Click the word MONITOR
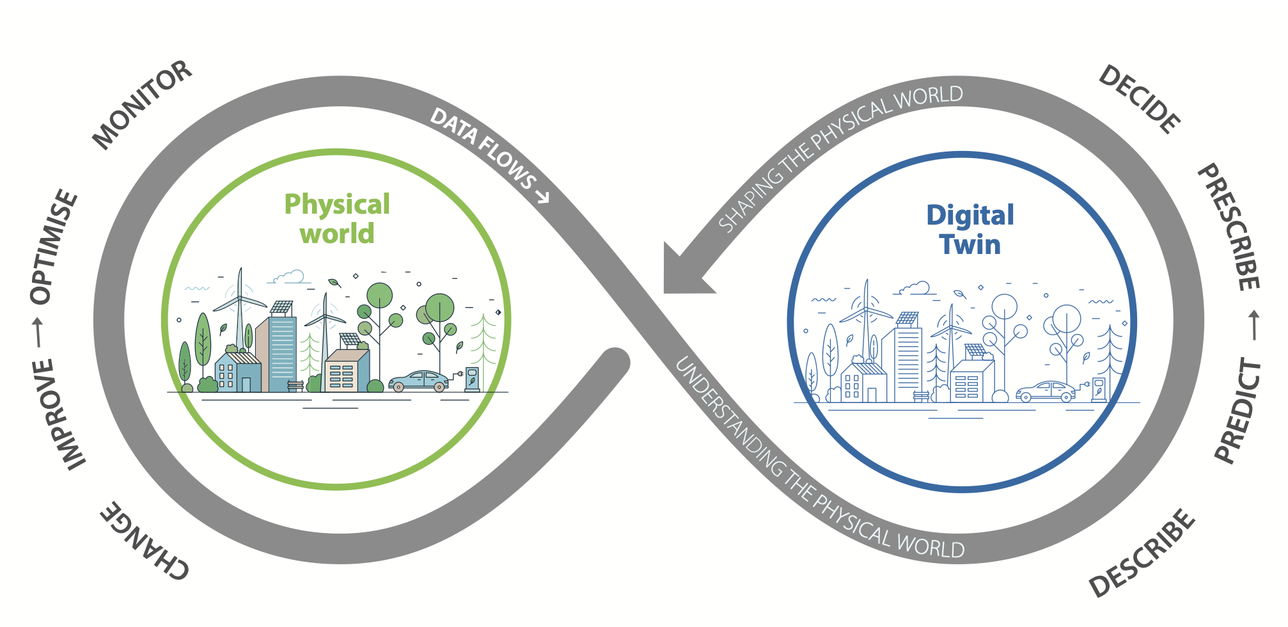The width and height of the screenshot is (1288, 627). (142, 105)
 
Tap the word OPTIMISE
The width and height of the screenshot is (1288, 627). (54, 246)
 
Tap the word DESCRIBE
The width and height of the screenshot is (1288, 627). (1142, 553)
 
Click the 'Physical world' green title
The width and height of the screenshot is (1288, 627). (337, 219)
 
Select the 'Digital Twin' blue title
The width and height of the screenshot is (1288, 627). (970, 230)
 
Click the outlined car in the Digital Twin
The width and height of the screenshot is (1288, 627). (1046, 391)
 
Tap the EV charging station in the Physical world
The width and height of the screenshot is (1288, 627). (472, 379)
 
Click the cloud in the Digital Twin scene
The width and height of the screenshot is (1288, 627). (915, 288)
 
